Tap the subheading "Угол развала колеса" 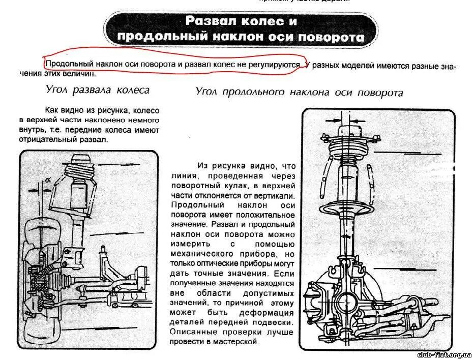[98, 90]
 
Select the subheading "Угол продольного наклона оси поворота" [299, 92]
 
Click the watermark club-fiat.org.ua [443, 354]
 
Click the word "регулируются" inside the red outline [278, 65]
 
